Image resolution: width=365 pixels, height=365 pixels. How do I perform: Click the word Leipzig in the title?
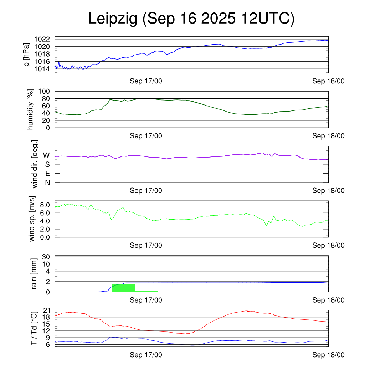pos(113,19)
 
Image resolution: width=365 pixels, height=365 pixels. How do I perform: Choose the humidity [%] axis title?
pos(31,109)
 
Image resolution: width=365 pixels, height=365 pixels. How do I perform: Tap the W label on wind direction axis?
pos(46,155)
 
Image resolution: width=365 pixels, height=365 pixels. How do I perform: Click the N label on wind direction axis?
pos(47,182)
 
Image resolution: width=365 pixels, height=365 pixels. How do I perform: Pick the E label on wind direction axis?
pos(47,174)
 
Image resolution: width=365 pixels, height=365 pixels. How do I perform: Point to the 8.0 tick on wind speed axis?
pos(45,205)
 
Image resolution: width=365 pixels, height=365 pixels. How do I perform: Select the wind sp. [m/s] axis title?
pos(32,219)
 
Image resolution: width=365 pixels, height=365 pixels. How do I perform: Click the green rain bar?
pos(123,287)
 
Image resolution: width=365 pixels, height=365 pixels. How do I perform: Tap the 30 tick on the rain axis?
pos(47,257)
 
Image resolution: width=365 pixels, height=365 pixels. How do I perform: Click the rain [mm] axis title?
pos(34,274)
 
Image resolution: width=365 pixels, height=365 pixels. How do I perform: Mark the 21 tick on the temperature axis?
pos(47,310)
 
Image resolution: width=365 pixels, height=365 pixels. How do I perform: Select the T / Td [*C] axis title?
pos(34,328)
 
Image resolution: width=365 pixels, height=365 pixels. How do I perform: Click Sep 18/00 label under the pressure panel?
pos(329,81)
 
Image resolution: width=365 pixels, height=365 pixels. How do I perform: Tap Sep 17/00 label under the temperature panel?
pos(146,355)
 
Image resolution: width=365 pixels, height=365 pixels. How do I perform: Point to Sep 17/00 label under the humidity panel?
pos(146,136)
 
